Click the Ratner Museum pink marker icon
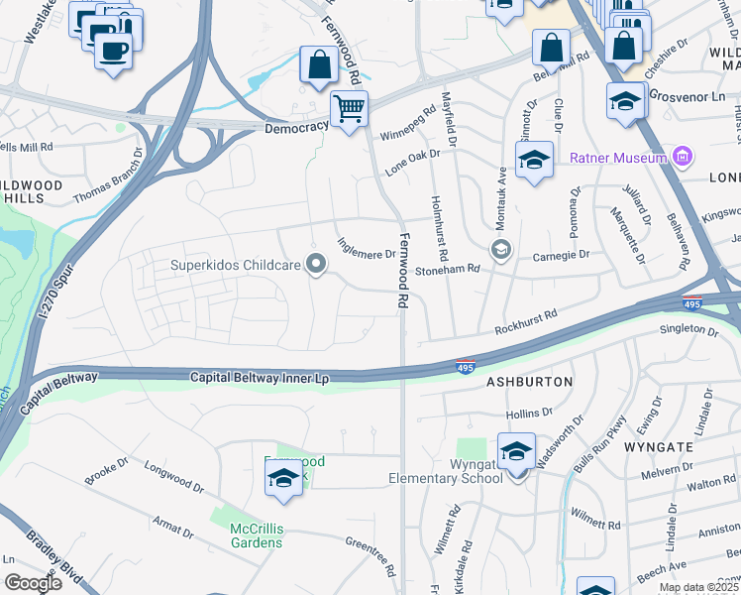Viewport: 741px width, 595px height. pos(681,157)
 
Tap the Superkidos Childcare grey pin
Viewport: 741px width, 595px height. pos(316,264)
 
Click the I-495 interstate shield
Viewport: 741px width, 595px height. pos(466,367)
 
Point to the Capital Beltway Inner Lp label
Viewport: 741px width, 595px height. pos(259,377)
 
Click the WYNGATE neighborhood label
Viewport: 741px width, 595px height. pos(657,447)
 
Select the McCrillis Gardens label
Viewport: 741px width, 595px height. pos(257,535)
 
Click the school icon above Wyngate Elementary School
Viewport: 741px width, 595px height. pos(516,452)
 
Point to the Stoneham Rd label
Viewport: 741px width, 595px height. pos(448,269)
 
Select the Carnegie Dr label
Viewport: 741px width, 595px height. pos(562,255)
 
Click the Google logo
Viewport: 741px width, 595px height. pos(33,583)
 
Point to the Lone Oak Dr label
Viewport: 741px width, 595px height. pos(411,158)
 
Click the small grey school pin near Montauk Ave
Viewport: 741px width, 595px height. pos(500,249)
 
